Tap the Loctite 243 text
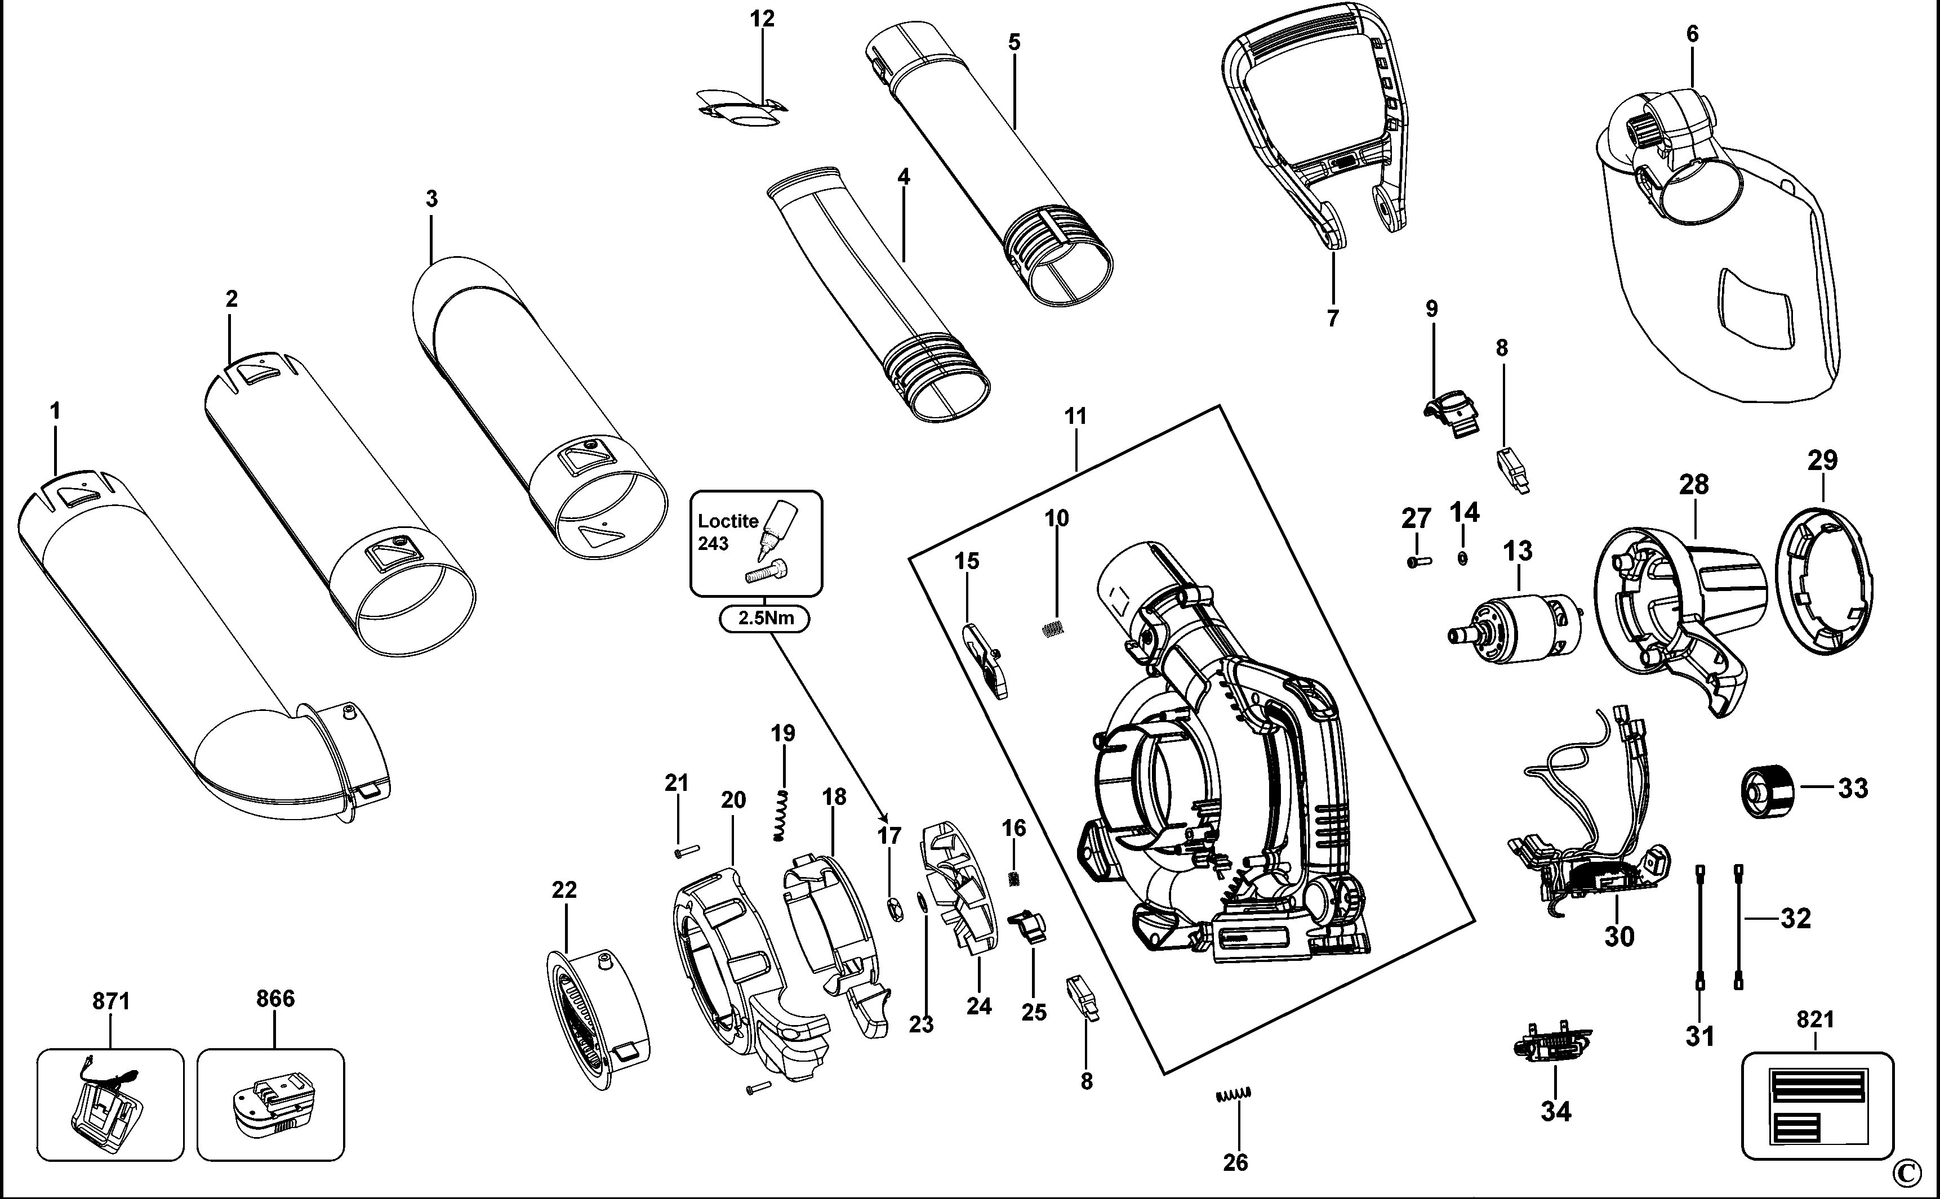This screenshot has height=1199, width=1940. pyautogui.click(x=727, y=532)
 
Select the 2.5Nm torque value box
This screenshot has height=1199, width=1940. pyautogui.click(x=765, y=618)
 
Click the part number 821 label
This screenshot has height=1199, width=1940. pyautogui.click(x=1816, y=1019)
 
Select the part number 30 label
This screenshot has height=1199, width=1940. pyautogui.click(x=1619, y=937)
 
